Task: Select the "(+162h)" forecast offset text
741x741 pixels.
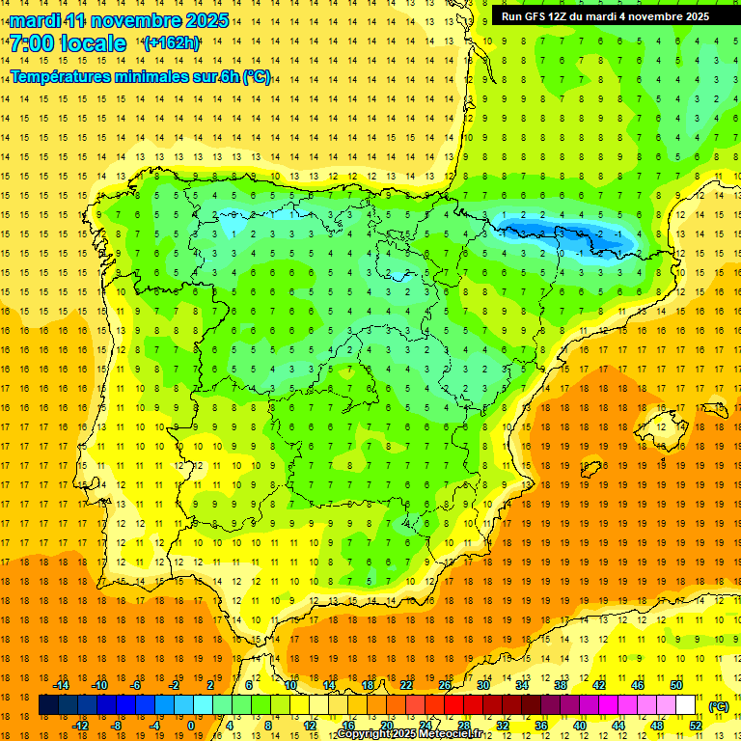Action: click(x=172, y=43)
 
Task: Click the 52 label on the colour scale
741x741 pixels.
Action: click(x=695, y=726)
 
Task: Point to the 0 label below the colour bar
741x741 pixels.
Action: click(x=190, y=726)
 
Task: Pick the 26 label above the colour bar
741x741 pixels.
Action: click(x=445, y=685)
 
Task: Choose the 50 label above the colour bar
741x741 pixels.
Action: click(x=675, y=685)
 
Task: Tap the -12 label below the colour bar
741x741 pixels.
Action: click(x=80, y=726)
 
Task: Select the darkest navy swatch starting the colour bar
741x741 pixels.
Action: click(x=48, y=705)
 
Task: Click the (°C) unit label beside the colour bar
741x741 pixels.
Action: click(x=718, y=706)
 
